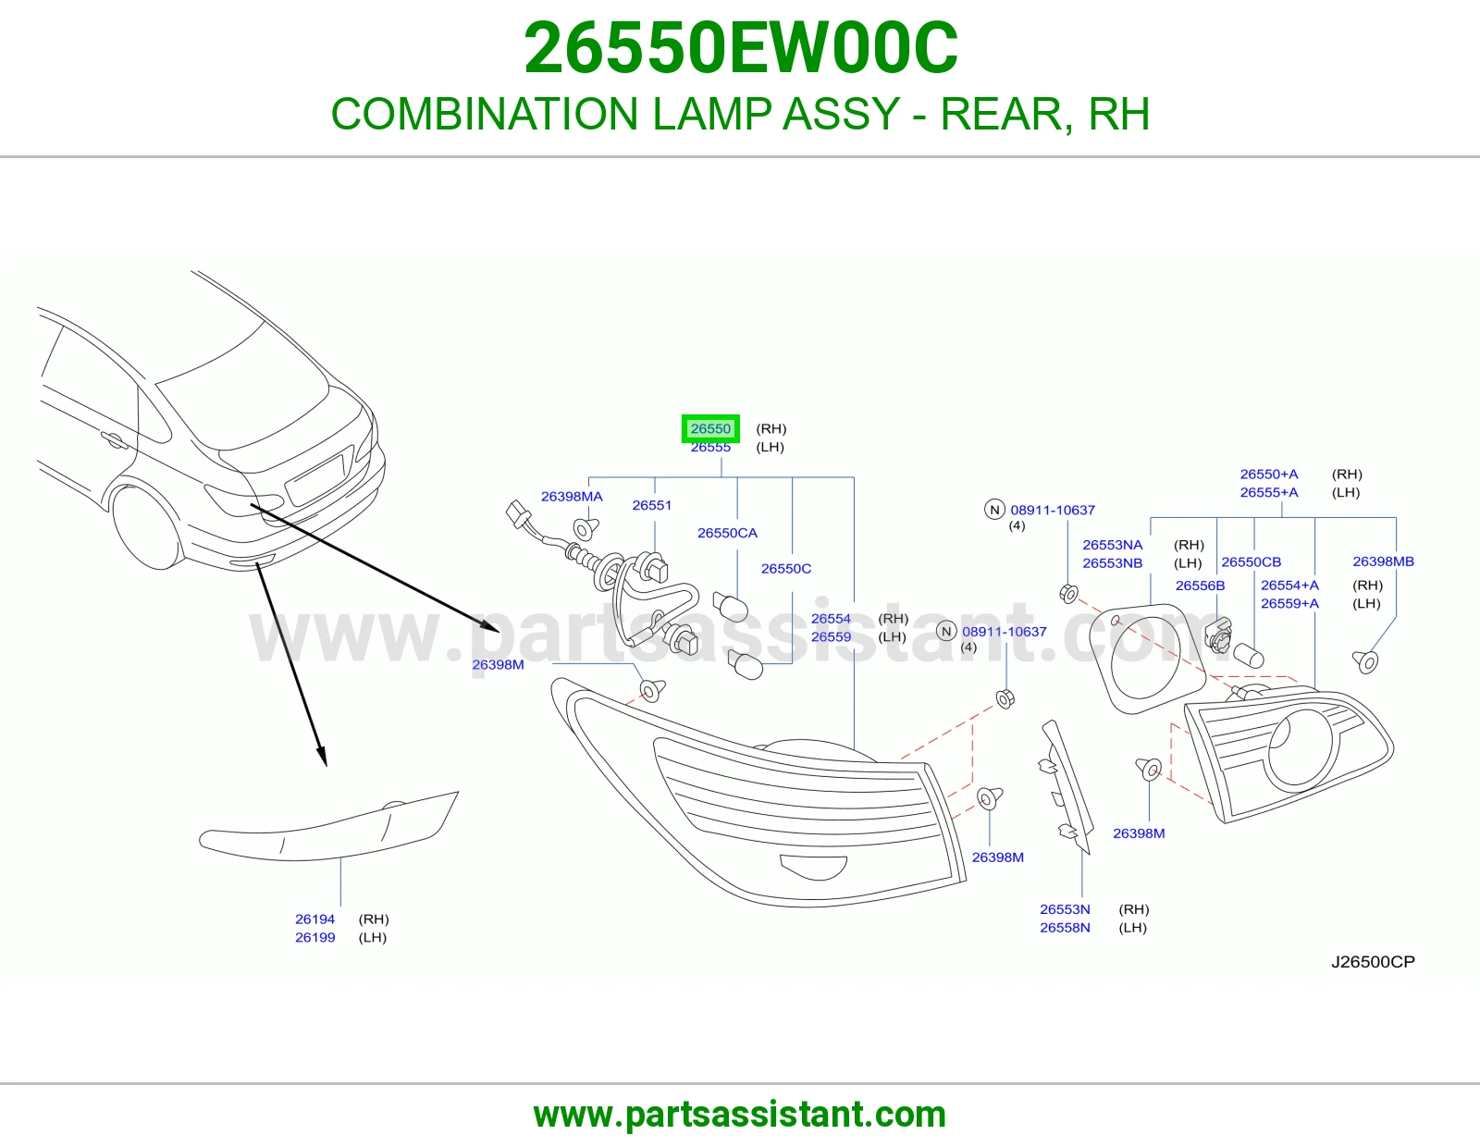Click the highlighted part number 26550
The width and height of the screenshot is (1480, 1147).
pos(710,428)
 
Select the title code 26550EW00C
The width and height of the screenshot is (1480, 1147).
pos(740,48)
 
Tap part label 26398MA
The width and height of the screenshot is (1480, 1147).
pos(572,497)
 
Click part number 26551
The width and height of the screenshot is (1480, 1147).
pos(652,505)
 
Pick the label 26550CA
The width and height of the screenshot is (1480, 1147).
pos(727,533)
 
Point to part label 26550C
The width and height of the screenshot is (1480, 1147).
pos(786,569)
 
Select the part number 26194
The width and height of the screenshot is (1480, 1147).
pos(314,919)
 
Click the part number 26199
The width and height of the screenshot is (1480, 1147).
pos(314,937)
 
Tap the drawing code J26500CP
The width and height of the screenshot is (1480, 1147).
pos(1373,962)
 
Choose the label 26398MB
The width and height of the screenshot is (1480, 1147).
pos(1383,561)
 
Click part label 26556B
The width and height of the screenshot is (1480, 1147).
pos(1200,586)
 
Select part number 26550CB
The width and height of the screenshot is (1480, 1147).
pos(1252,561)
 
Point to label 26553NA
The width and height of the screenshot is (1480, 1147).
pos(1113,545)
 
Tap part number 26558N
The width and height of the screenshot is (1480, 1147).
pos(1065,928)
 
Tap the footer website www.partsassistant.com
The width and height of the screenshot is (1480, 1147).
pos(740,1115)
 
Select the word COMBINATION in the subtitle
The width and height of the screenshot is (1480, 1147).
pos(485,114)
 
